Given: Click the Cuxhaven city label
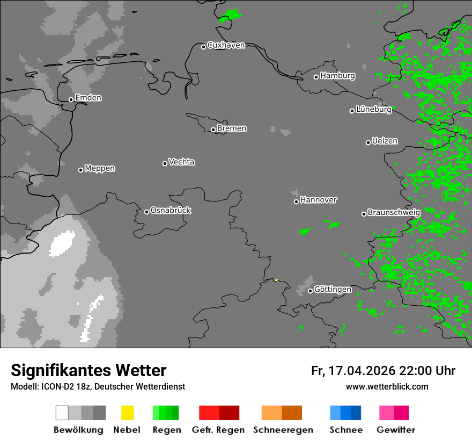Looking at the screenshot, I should coord(226,45).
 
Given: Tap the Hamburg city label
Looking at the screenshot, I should coord(337,76).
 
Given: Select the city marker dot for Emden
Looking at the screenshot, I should coord(71,99).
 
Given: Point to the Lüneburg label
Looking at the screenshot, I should coord(373,109).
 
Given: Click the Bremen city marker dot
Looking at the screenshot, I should coord(213,130).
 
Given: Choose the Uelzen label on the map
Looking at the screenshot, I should coord(385,141).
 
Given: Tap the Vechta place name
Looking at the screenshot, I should coord(181,162).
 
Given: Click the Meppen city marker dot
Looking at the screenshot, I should coord(80,170).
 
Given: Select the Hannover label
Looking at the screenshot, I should coord(318,200).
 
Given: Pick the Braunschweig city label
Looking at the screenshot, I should coord(394,212).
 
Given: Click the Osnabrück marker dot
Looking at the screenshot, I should coord(146,212).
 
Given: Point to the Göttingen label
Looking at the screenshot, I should coord(333,289).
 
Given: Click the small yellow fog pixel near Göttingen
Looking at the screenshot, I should coord(276,280).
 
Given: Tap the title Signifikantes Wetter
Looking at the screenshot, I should coord(88,370).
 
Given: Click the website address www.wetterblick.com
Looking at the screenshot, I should coord(387,386).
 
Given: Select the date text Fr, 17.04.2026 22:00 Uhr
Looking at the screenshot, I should coord(383,371).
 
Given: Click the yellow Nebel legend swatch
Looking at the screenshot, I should coord(127,413).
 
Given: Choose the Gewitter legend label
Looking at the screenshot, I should coord(395,430).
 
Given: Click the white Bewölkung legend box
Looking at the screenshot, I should coord(62,413).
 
